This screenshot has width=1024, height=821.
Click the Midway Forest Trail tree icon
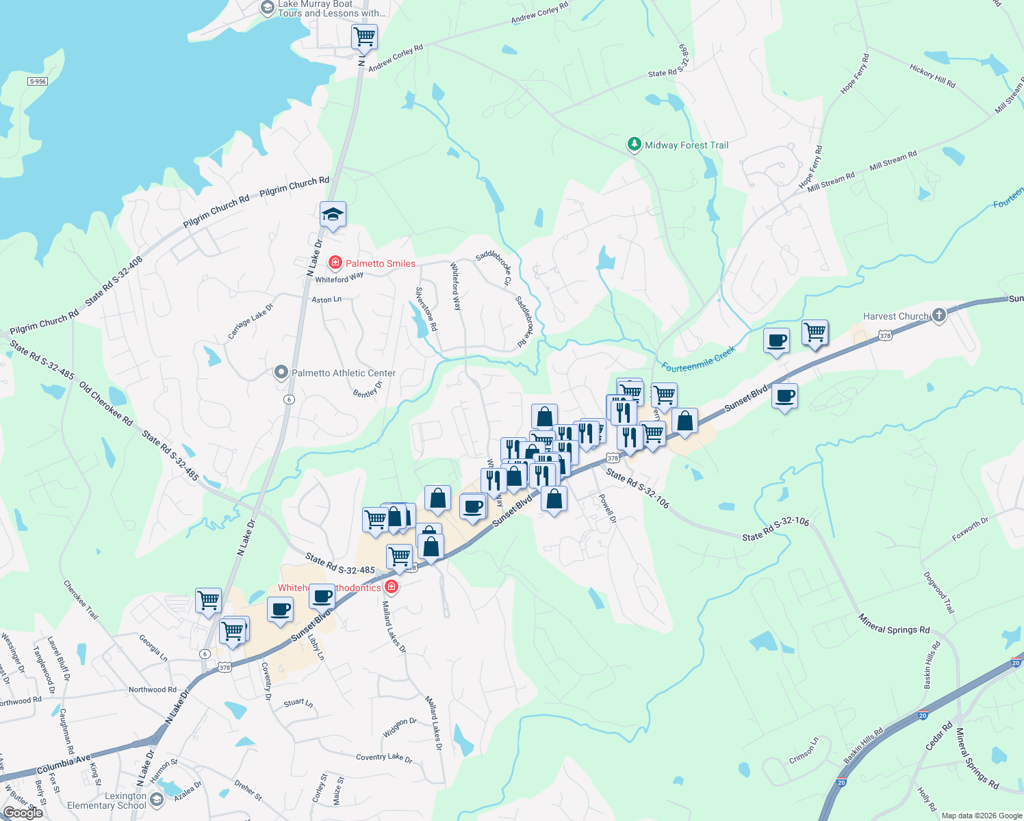point(635,144)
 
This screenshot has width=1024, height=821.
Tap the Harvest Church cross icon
point(939,315)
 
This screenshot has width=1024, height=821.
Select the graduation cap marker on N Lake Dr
point(333,215)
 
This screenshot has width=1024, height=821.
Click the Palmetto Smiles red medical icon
point(335,263)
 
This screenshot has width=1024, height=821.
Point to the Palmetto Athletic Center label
point(344,373)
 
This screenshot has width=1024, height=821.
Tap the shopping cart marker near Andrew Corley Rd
point(364,36)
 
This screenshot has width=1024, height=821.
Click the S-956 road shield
point(38,81)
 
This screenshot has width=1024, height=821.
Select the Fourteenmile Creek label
point(698,359)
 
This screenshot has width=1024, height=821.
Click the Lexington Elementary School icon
point(157,800)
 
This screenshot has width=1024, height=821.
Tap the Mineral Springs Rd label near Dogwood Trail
point(894,625)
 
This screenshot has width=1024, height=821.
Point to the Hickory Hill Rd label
point(932,76)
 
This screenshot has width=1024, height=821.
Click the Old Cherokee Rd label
point(105,404)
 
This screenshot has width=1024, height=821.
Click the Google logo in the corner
point(23,812)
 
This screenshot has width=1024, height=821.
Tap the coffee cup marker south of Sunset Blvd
point(784,396)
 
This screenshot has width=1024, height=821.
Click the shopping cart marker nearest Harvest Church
point(815,333)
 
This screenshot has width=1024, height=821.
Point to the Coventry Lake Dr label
point(384,757)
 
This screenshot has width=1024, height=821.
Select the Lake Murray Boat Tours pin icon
point(268,8)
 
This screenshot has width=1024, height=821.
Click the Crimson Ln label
point(804,751)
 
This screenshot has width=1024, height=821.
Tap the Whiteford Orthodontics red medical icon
point(392,586)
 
